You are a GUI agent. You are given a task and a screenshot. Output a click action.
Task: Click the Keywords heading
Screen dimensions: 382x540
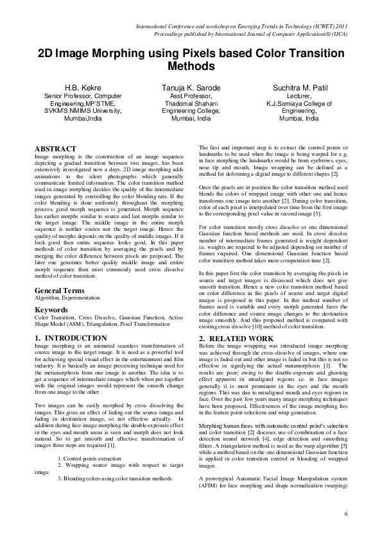point(52,310)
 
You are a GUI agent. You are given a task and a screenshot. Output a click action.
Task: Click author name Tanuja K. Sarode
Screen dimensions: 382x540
point(190,87)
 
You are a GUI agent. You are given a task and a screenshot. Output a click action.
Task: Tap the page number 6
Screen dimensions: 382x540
point(345,514)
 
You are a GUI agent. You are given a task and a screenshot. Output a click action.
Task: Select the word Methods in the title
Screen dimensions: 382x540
point(190,66)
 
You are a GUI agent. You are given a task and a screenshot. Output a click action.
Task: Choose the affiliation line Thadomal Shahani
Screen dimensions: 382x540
point(190,103)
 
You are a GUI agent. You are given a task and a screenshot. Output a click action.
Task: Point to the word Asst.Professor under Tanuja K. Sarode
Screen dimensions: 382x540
point(190,95)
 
